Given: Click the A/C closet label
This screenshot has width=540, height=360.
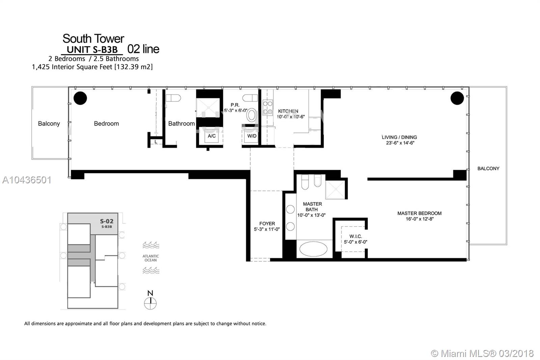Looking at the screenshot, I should tap(212, 136).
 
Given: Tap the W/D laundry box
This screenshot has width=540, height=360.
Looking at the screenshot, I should tap(252, 136).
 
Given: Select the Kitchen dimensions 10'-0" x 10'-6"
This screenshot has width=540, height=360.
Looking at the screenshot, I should tap(291, 117).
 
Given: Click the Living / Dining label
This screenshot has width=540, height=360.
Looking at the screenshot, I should tap(399, 137).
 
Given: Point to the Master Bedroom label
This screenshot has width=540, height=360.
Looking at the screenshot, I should tap(419, 213).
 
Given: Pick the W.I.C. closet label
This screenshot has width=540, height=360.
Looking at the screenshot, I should tap(355, 236).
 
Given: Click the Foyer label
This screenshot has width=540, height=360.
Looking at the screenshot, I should tap(267, 224).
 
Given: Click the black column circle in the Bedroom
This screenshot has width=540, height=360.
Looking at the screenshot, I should tap(80, 98).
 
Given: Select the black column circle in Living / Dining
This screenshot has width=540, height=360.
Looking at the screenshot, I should tap(457, 98).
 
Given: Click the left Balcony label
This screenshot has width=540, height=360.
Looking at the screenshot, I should tap(49, 124).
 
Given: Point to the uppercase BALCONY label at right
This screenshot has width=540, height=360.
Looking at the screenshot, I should tap(488, 169).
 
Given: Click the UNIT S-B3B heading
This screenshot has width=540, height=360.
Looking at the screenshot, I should tap(92, 50).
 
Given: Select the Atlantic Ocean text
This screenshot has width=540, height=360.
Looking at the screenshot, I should tap(151, 258).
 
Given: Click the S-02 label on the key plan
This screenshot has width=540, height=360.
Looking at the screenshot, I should tap(106, 222).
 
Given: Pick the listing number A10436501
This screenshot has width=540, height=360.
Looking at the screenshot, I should tap(27, 180).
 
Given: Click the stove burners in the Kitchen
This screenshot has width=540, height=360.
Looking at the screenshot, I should tap(268, 107).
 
